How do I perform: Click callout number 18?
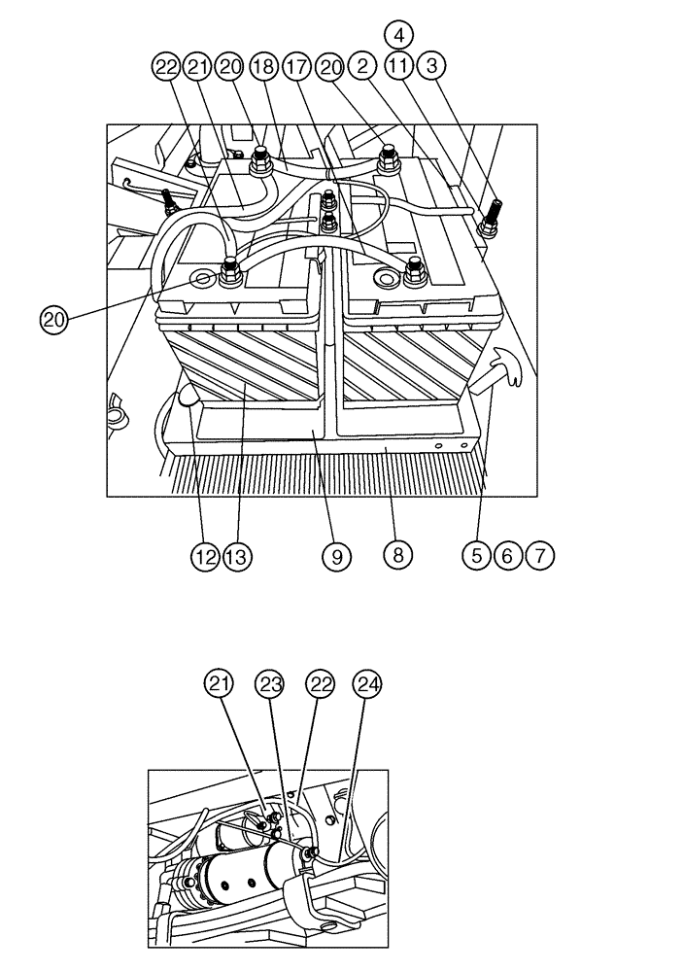point(261,67)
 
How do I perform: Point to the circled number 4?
point(397,35)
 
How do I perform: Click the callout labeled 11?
point(397,67)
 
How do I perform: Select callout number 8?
point(396,555)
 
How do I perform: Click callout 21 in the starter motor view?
point(220,683)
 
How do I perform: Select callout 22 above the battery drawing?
point(167,67)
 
